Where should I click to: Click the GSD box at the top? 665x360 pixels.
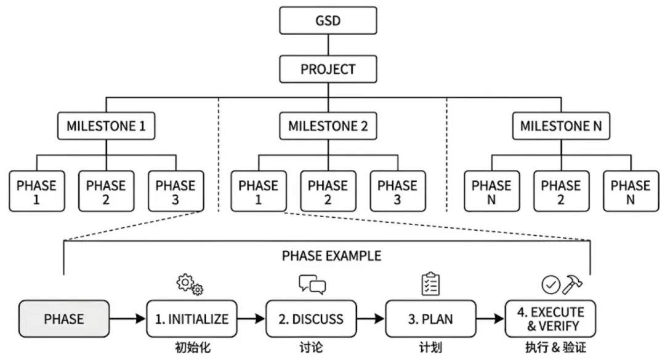[328, 20]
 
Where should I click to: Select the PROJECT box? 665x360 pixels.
[328, 69]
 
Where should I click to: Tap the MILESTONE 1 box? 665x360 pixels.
[106, 126]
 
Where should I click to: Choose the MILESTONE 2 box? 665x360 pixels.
[328, 126]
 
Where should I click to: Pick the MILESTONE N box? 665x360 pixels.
[561, 126]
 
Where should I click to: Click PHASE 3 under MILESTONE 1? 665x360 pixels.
[175, 191]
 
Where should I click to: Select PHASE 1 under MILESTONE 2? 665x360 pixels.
[258, 191]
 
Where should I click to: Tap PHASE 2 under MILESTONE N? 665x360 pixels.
[561, 191]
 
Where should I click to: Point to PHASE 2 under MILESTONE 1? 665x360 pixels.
[106, 191]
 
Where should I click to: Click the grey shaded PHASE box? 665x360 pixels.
[64, 319]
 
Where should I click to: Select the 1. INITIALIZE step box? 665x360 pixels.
[191, 319]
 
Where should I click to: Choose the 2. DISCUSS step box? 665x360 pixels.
[312, 319]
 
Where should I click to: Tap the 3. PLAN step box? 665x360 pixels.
[430, 319]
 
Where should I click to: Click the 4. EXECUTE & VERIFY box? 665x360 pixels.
[550, 319]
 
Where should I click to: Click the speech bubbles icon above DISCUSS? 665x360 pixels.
[312, 284]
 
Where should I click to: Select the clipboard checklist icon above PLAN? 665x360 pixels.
[430, 284]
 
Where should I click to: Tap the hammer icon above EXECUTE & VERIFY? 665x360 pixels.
[573, 284]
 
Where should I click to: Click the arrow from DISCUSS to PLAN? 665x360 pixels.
[371, 319]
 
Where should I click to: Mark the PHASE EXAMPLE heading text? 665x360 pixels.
[332, 255]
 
